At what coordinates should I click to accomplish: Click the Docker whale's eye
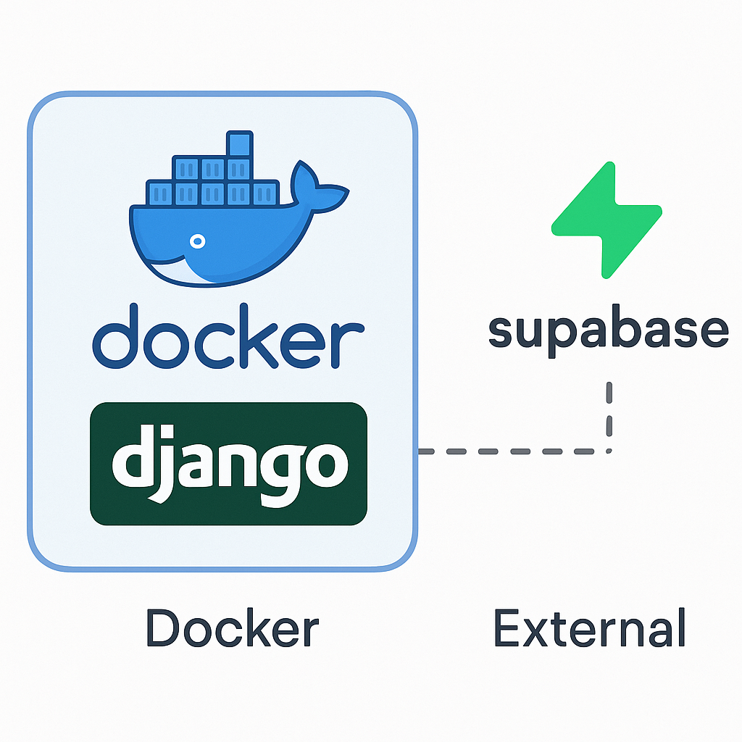point(195,240)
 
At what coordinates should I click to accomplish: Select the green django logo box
point(228,463)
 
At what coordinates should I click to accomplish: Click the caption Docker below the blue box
point(232,628)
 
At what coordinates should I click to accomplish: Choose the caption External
point(589,628)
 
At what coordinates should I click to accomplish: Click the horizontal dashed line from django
point(507,451)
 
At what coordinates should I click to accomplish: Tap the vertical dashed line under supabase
point(609,413)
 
